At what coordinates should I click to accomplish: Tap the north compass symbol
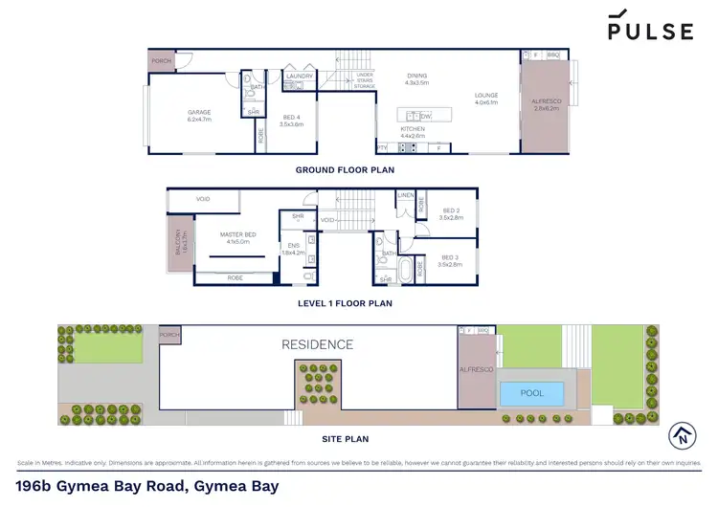coord(682,435)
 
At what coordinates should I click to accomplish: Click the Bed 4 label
coord(290,120)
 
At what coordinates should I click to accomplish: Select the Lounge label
coord(486,99)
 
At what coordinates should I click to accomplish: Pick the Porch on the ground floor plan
coord(162,62)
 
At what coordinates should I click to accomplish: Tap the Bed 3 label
coord(451,260)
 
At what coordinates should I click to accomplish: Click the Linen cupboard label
coord(406,196)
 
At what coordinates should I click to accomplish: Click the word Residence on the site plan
coord(317,344)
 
